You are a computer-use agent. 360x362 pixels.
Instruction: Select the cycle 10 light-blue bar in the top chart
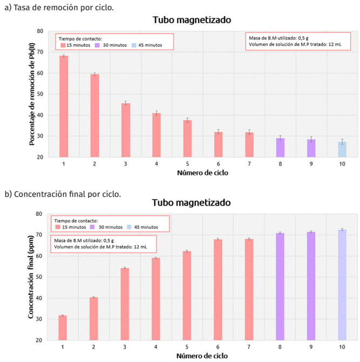coord(342,149)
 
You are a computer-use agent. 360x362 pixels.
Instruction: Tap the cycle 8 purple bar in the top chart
coord(280,148)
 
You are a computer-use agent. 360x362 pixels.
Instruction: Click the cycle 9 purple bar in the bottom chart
coord(311,286)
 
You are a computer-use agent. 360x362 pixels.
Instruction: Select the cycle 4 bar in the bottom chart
coord(156,299)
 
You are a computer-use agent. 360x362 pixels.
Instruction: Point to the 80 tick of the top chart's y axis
coord(40,31)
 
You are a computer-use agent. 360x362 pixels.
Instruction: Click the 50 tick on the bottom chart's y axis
coord(39,277)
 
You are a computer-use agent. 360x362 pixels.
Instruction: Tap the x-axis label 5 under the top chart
coord(187,163)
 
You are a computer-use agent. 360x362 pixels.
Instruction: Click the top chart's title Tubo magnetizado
coord(192,20)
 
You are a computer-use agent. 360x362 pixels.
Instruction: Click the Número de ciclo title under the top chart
coord(202,173)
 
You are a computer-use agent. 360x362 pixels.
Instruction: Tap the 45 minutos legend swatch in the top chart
coord(134,45)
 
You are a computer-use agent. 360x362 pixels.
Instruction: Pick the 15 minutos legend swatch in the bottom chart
coord(57,227)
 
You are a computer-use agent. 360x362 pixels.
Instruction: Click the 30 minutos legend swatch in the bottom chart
coord(93,227)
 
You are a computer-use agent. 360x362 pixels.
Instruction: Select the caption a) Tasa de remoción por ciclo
coord(59,7)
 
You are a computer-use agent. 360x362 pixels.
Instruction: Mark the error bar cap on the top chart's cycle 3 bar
coord(125,101)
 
